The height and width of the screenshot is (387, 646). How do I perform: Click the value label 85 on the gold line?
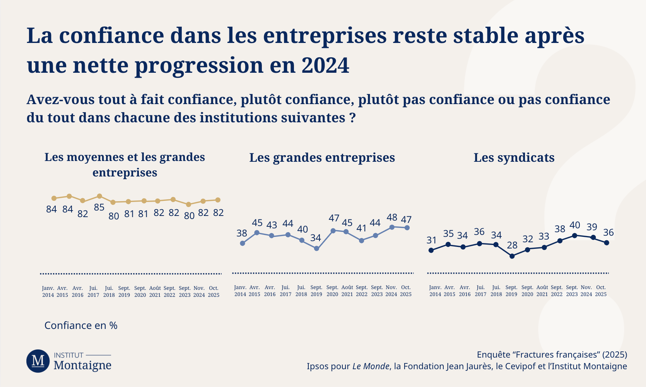coord(99,207)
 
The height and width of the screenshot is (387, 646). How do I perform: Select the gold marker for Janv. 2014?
coord(54,198)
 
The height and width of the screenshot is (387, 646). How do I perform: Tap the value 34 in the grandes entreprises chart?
coord(316,238)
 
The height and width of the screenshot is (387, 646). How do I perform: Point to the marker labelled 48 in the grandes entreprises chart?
coord(392,227)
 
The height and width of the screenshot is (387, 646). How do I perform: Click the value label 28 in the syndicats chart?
coord(512,245)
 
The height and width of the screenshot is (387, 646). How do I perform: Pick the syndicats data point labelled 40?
coord(574,235)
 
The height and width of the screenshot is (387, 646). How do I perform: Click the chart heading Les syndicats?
coord(514,158)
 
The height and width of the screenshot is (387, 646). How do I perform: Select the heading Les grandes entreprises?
coord(322,158)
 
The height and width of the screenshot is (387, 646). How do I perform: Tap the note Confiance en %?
coord(81,325)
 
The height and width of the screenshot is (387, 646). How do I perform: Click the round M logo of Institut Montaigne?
coord(38,361)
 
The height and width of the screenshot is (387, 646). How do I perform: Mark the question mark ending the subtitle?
coord(352,118)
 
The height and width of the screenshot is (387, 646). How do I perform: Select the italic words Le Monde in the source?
coord(371,366)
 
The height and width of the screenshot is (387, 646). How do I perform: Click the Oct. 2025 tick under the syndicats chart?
coord(601,291)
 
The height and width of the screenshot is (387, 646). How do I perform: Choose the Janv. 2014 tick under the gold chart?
coord(48,292)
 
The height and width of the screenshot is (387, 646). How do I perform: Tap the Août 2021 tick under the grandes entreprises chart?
coord(347,291)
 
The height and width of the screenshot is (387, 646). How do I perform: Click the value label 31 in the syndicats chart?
coord(432,240)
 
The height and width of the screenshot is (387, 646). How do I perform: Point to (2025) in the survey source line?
coord(615,354)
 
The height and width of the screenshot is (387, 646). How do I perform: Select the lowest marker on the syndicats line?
coord(512,256)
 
